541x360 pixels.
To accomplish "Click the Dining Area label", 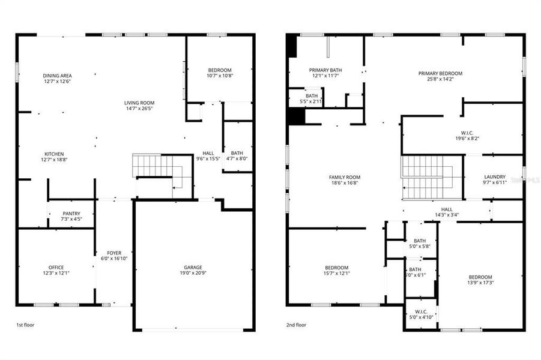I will tap(58, 76).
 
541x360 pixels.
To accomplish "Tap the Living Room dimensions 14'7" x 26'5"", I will tap(139, 109).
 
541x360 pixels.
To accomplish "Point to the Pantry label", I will tap(71, 214).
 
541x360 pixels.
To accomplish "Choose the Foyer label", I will tap(114, 253).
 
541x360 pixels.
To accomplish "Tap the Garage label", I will tap(193, 268).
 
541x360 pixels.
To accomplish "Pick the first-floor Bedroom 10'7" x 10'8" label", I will tap(219, 70).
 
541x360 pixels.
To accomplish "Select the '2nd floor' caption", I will tap(296, 325).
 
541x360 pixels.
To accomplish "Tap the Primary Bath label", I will tap(325, 70).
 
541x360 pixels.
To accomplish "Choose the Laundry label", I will tap(495, 177).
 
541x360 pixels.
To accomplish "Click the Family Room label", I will tap(344, 177).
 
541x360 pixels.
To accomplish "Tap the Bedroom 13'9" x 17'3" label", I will tap(480, 277).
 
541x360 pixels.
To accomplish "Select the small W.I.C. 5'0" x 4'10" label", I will tap(420, 312).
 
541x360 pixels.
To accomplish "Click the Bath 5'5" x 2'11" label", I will tap(311, 95).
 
